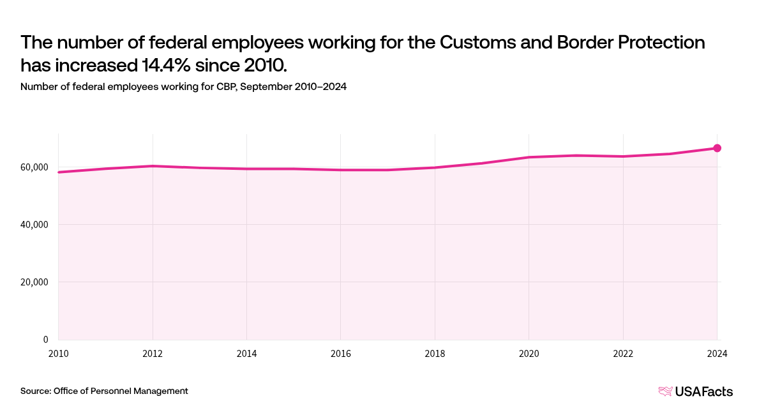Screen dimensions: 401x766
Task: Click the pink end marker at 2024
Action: [717, 148]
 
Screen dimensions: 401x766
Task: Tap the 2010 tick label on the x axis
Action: [58, 352]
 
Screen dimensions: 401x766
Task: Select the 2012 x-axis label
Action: [153, 352]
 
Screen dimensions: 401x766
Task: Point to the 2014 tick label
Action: [246, 352]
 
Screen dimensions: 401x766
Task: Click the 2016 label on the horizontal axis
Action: [341, 352]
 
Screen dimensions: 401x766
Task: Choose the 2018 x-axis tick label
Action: [435, 352]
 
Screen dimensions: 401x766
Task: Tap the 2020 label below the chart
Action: [529, 352]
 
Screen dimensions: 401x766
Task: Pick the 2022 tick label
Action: [623, 352]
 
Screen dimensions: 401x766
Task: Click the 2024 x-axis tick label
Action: [717, 352]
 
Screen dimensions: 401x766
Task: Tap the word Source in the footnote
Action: [36, 391]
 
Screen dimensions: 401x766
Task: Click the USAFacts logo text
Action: [705, 391]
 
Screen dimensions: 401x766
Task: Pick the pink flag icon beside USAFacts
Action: [665, 391]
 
